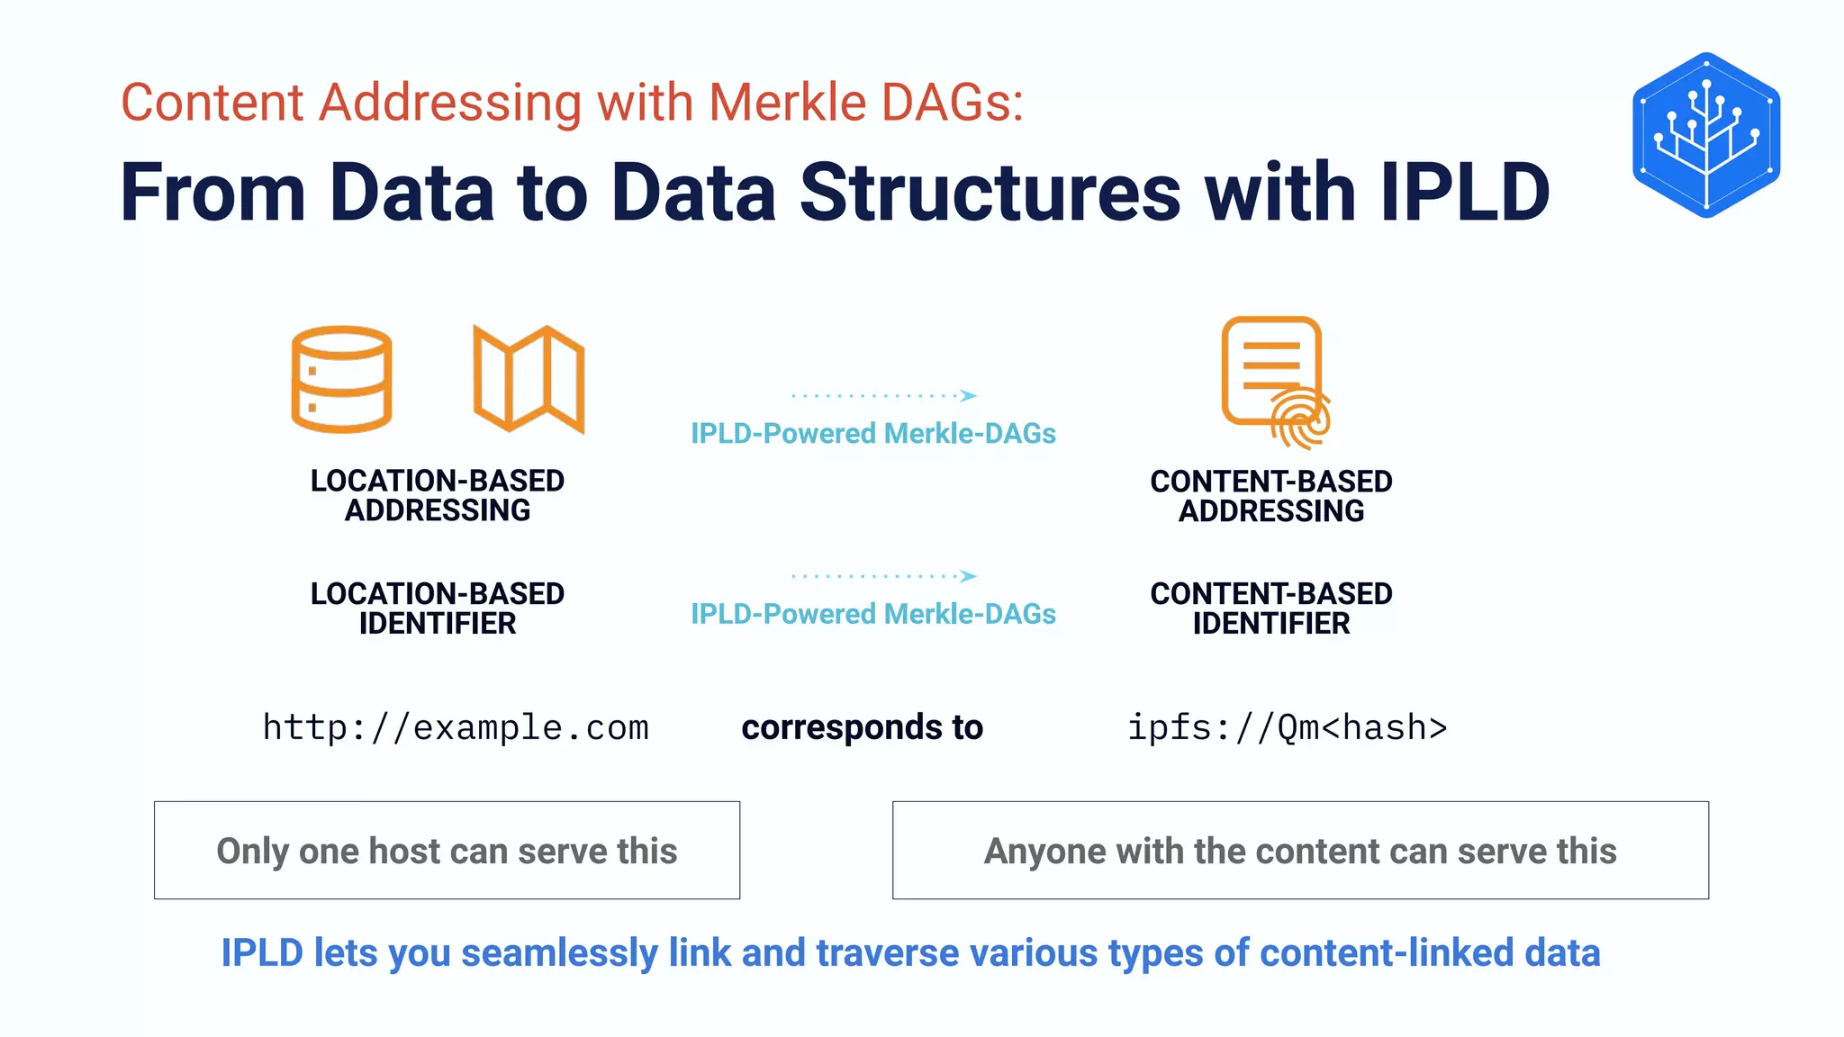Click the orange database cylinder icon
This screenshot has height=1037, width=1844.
[341, 379]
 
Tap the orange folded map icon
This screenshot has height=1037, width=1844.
[529, 379]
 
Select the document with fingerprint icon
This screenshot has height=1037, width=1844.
[1274, 380]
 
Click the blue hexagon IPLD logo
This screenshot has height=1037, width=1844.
[1706, 135]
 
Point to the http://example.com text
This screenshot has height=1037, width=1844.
[456, 727]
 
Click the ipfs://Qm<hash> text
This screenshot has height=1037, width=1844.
[1288, 727]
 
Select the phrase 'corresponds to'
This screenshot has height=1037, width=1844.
[862, 727]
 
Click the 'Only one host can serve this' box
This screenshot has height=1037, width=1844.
[447, 850]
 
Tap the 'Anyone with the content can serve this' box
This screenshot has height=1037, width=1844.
[1300, 850]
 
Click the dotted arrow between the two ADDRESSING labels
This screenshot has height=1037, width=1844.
[883, 395]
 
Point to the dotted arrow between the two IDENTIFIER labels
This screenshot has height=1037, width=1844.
[883, 576]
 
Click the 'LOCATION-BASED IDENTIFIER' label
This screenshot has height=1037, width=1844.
[438, 609]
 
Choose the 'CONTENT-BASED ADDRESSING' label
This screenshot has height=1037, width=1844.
[1271, 496]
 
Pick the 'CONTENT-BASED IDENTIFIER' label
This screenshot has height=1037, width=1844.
[1271, 609]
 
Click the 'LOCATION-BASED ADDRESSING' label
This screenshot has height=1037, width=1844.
[438, 495]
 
